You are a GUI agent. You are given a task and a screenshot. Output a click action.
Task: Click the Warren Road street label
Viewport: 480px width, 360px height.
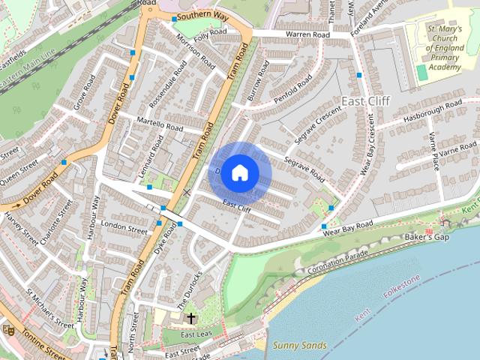pos(307,35)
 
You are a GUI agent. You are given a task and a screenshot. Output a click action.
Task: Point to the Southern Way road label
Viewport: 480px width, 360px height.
pos(202,14)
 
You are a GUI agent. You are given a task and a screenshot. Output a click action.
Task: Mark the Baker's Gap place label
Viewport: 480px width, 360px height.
pos(427,238)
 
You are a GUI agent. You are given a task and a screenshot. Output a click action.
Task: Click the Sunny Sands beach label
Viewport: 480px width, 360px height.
pos(300,345)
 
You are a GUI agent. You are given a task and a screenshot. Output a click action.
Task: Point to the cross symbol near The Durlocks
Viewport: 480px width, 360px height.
pos(191,318)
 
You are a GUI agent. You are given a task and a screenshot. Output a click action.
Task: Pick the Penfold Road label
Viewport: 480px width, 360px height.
pos(291,91)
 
